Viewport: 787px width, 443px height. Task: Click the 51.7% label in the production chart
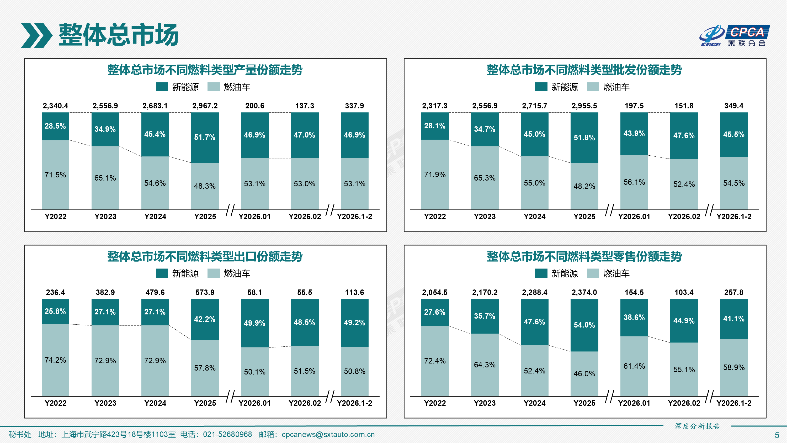click(205, 137)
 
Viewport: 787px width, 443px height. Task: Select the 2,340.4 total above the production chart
click(55, 106)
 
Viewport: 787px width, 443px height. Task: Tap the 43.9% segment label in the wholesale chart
click(634, 134)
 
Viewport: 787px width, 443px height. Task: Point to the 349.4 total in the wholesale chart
click(733, 106)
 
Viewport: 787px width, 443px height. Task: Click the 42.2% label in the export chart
click(205, 319)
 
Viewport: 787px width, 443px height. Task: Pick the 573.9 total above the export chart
click(205, 292)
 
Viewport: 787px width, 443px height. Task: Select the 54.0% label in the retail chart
click(584, 325)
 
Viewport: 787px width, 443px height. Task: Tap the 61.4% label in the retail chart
click(634, 366)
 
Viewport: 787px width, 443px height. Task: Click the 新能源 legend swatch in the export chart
click(162, 273)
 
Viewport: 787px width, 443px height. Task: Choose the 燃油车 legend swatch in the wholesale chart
click(593, 87)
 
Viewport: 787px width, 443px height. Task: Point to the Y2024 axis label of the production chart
click(155, 217)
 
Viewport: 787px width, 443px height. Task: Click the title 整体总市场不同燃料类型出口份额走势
click(205, 256)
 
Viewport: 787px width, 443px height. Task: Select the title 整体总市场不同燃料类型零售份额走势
click(584, 256)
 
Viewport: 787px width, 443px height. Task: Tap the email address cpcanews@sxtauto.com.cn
click(328, 434)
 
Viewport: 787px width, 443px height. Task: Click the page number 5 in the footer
click(777, 435)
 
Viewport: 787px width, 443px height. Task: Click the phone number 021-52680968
click(227, 434)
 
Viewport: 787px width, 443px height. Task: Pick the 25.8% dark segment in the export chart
click(55, 311)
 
